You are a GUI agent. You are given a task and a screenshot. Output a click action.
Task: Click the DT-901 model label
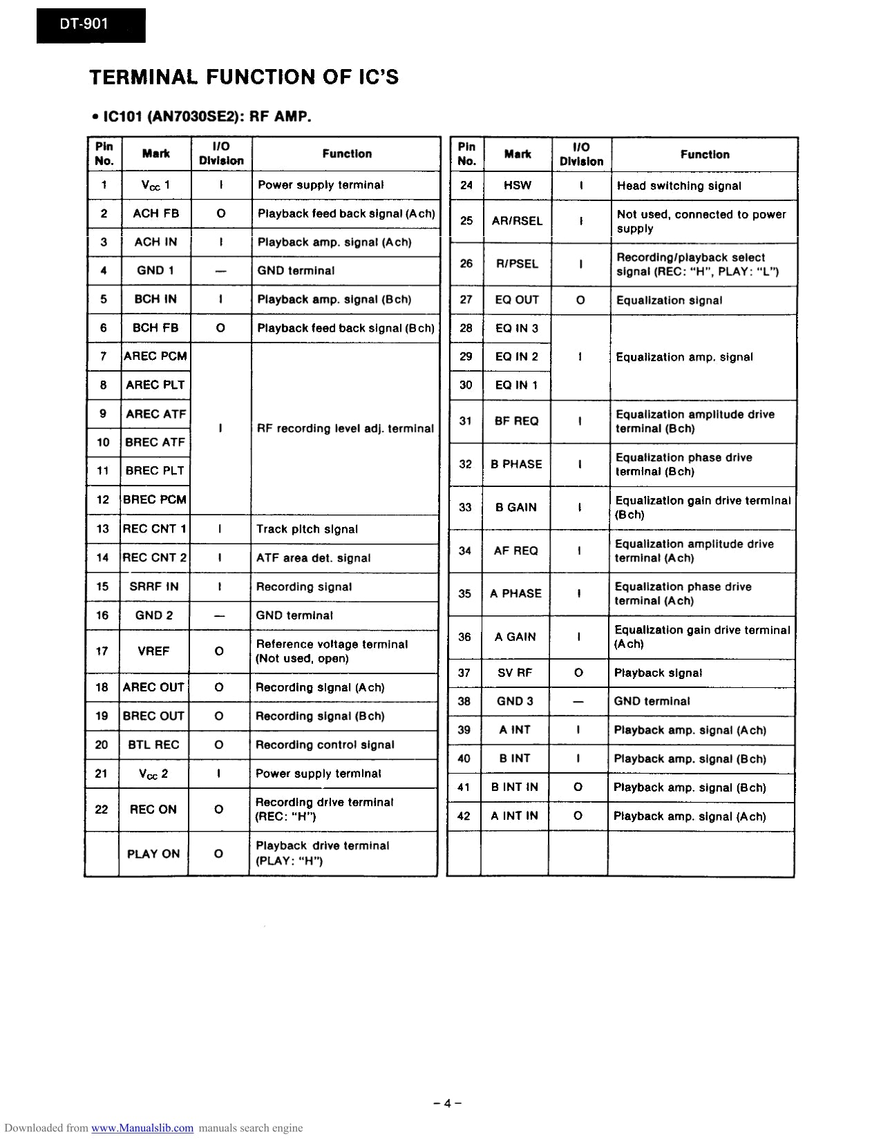pyautogui.click(x=75, y=24)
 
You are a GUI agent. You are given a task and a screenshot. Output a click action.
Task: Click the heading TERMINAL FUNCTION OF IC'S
pyautogui.click(x=244, y=77)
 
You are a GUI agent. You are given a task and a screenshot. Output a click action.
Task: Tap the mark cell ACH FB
pyautogui.click(x=155, y=213)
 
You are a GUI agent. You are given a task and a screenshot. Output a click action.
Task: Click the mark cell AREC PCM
pyautogui.click(x=155, y=356)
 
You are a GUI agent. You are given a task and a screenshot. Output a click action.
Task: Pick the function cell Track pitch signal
pyautogui.click(x=307, y=529)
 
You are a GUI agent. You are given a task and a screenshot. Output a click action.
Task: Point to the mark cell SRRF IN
pyautogui.click(x=153, y=586)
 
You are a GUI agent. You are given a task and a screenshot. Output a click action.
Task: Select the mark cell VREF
pyautogui.click(x=153, y=651)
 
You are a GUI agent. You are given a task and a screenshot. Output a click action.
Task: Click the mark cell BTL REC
pyautogui.click(x=153, y=745)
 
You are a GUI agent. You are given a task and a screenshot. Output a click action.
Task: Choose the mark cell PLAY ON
pyautogui.click(x=153, y=854)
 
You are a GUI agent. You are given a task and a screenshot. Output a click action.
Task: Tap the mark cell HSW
pyautogui.click(x=518, y=185)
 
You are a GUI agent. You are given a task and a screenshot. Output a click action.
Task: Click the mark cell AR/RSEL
pyautogui.click(x=517, y=221)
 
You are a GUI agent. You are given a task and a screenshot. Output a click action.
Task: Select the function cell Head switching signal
pyautogui.click(x=679, y=186)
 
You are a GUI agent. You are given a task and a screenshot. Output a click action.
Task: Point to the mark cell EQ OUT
pyautogui.click(x=516, y=300)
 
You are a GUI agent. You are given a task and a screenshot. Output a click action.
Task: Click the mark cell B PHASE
pyautogui.click(x=516, y=464)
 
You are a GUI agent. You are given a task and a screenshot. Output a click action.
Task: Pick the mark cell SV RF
pyautogui.click(x=515, y=673)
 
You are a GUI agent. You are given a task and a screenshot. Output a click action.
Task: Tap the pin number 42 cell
pyautogui.click(x=464, y=816)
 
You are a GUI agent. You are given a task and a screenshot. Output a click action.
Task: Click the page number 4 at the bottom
pyautogui.click(x=447, y=1103)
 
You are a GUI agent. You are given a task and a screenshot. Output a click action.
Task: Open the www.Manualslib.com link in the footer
pyautogui.click(x=142, y=1128)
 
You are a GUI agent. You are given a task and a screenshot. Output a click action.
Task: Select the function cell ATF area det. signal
pyautogui.click(x=313, y=558)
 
